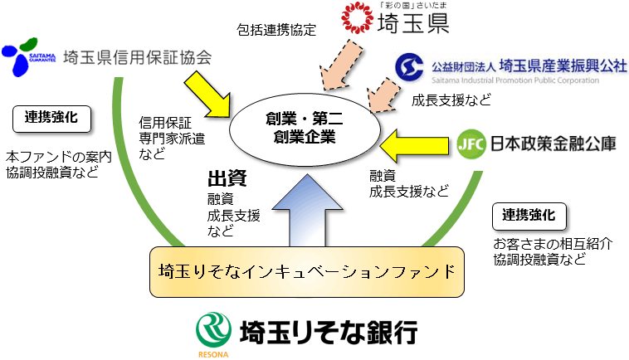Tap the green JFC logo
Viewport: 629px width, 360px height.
[469, 145]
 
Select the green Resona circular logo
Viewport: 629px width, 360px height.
[212, 331]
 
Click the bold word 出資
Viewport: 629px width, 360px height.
[227, 178]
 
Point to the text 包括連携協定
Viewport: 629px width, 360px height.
[276, 31]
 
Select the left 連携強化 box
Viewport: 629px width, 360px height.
[51, 118]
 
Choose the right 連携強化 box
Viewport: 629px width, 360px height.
[529, 216]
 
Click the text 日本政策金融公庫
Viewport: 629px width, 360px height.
[551, 145]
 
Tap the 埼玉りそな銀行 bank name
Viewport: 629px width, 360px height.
[328, 333]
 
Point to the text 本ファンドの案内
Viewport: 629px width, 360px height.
[58, 156]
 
